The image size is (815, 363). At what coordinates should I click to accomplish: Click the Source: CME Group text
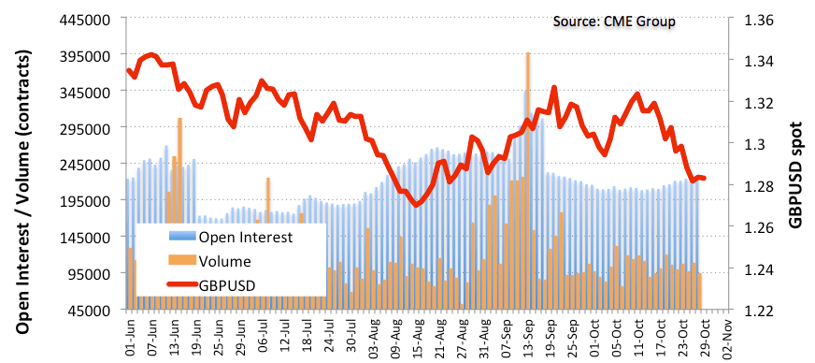(x=614, y=22)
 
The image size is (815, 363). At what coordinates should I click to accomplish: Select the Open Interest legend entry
(x=231, y=237)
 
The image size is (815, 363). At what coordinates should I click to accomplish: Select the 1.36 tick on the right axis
(x=759, y=21)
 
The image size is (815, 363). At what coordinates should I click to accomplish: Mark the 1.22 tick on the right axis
(x=759, y=310)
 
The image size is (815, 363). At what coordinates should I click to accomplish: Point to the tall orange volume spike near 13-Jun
(x=179, y=213)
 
